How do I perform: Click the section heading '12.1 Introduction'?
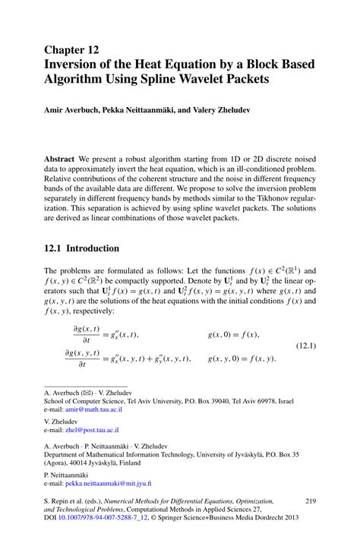click(81, 248)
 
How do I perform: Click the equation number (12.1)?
click(301, 346)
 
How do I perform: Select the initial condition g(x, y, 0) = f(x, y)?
click(242, 358)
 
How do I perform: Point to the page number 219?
click(309, 501)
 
